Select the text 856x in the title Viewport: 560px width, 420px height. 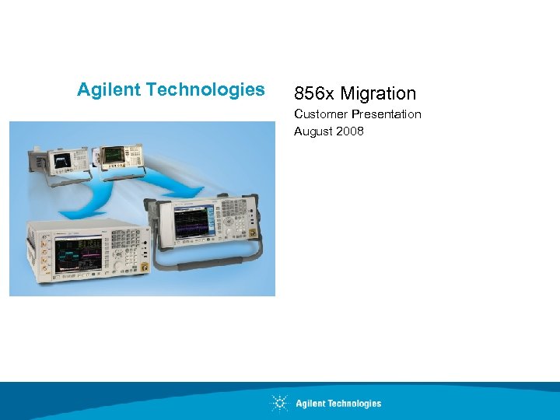click(314, 94)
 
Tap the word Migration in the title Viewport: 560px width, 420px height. click(379, 94)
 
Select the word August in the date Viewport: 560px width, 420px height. click(313, 131)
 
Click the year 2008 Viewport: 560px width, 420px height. click(350, 131)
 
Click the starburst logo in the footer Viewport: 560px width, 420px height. click(279, 403)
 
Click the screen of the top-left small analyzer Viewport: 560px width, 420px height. click(60, 159)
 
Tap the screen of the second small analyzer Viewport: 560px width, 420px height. click(114, 156)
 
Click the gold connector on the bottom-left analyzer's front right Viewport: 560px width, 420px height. click(144, 268)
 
